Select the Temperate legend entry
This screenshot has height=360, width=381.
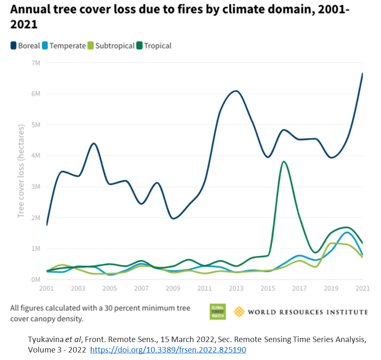(64, 45)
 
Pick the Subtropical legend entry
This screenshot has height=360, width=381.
(111, 45)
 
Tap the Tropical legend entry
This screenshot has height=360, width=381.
(154, 45)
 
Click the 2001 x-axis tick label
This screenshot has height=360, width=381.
(47, 289)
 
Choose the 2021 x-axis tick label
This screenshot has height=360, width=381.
(361, 289)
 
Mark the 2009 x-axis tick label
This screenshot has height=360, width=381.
(173, 289)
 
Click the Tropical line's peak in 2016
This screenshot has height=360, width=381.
(284, 161)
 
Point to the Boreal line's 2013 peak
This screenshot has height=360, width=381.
(236, 91)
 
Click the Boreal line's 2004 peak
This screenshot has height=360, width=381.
(94, 143)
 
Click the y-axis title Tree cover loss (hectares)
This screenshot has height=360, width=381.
(21, 171)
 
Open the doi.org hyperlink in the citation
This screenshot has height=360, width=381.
(168, 350)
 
